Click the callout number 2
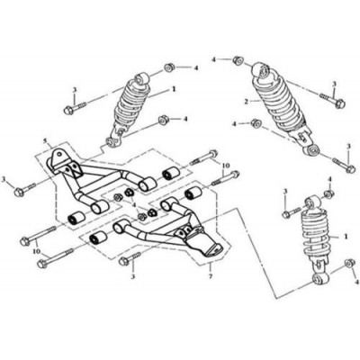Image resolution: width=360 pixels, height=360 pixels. click(x=247, y=102)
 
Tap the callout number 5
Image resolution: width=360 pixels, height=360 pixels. click(x=45, y=140)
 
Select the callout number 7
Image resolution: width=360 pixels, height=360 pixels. click(x=211, y=275)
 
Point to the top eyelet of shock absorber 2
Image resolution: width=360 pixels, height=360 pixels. click(x=261, y=71)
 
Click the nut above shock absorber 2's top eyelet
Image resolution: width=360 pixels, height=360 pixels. click(x=238, y=60)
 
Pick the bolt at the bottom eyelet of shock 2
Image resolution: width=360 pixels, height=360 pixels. click(x=342, y=166)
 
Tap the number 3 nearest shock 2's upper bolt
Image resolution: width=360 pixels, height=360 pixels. click(x=334, y=85)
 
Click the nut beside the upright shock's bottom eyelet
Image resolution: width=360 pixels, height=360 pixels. click(x=349, y=263)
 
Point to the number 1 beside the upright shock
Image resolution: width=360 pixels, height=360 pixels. click(x=346, y=237)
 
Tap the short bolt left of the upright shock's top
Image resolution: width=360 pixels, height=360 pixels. click(x=292, y=212)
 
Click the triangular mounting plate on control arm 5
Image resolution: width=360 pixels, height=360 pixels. click(x=59, y=156)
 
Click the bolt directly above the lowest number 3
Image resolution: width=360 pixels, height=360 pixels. click(x=130, y=258)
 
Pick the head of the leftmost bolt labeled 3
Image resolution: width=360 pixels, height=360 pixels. click(x=19, y=192)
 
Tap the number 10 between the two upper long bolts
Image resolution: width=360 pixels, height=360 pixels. click(x=225, y=166)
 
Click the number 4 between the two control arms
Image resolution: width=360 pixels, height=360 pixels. click(x=135, y=205)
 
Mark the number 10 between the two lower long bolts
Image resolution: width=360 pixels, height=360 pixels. click(x=37, y=252)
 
